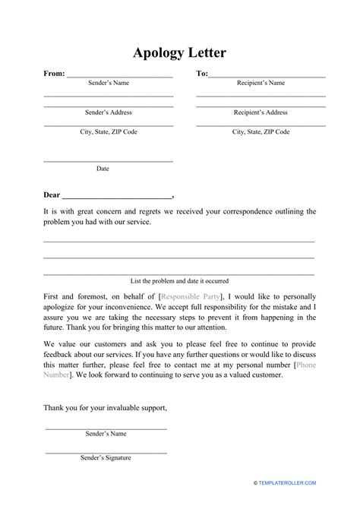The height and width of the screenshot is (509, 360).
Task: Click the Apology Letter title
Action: point(180,53)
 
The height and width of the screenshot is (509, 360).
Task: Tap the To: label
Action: point(202,74)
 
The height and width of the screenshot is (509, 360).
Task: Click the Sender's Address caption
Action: point(108,112)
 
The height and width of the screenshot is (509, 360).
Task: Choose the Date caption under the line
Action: point(103,169)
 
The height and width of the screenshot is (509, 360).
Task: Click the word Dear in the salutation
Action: point(52,194)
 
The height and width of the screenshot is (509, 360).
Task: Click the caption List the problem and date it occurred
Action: point(180,281)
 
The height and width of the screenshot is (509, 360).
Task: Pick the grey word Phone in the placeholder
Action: point(306,365)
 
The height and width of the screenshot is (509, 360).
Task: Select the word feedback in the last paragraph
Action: point(61,354)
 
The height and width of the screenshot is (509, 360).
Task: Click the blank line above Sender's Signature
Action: point(106,452)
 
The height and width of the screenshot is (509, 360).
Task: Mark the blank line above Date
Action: point(108,162)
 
